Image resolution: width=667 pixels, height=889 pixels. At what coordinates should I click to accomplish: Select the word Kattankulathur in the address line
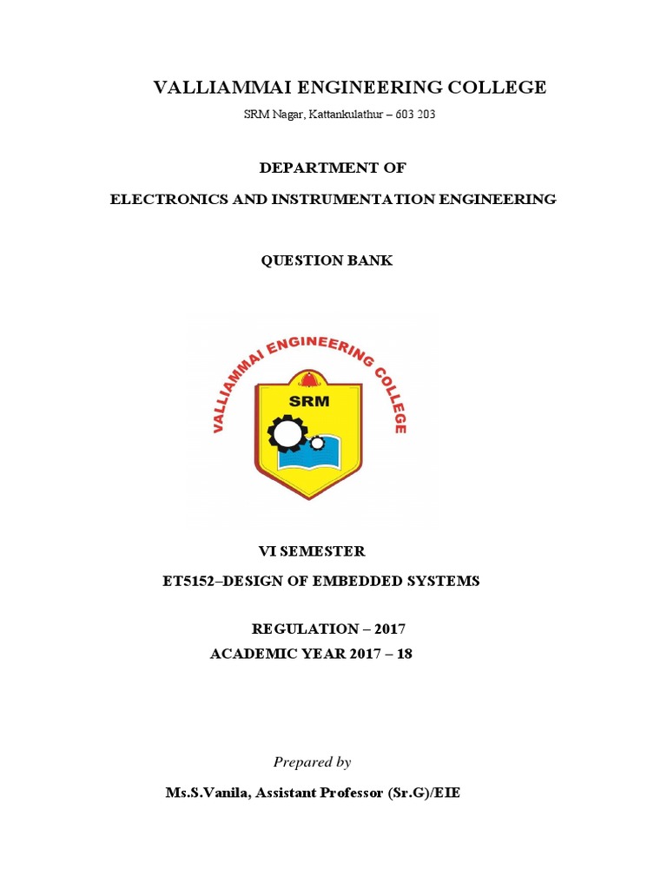point(346,115)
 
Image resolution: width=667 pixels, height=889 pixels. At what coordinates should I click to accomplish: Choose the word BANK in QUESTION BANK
point(371,260)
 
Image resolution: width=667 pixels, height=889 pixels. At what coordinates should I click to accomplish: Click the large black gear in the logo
point(287,431)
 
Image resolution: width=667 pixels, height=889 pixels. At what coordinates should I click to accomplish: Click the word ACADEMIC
point(252,654)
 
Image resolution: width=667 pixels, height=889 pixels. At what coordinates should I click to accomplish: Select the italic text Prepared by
point(312,762)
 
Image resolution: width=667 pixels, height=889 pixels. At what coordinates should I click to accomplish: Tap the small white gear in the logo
point(317,443)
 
